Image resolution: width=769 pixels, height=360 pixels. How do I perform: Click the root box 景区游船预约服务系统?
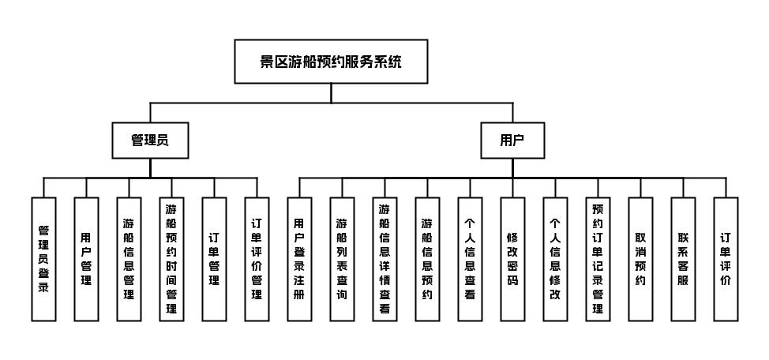pos(331,62)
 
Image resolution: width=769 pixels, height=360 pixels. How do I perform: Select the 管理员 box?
pos(150,141)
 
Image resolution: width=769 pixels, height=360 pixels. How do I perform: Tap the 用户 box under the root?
pos(512,141)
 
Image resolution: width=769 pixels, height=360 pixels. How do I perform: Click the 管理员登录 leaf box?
pos(43,260)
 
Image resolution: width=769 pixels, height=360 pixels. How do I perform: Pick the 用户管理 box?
pos(86,260)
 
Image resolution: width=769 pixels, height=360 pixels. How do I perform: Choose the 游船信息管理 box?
pos(129,260)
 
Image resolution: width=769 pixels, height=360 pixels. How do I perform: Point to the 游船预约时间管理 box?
pos(171,260)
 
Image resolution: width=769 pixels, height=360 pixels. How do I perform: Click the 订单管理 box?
pos(214,260)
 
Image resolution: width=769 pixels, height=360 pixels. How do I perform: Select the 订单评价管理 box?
pos(257,260)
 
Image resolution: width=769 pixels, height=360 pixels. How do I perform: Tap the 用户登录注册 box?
pos(300,260)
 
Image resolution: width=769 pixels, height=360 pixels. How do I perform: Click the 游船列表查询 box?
pos(343,260)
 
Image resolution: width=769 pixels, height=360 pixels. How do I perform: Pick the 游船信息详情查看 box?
pos(385,260)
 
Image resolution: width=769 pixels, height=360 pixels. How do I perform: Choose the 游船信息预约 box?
pos(428,260)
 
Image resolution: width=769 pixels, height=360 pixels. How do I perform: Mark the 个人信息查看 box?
pos(471,260)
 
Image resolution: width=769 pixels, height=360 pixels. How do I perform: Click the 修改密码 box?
pos(513,260)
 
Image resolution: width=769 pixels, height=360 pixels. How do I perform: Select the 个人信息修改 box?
pos(556,260)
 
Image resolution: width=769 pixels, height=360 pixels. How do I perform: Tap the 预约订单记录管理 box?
pos(598,260)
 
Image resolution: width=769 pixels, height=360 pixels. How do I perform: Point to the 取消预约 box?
pos(641,260)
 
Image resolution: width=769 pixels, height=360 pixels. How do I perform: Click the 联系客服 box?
pos(684,260)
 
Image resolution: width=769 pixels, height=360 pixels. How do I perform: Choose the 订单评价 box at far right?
pos(726,260)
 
